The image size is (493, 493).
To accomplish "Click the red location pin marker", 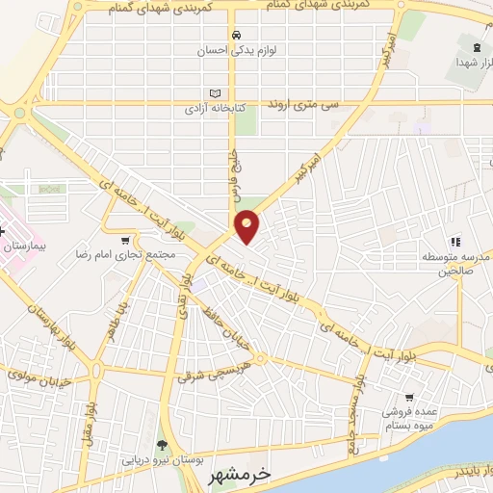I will [247, 226].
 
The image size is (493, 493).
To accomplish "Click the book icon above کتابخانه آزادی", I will [215, 93].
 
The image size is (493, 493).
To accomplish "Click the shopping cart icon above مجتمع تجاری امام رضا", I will [126, 241].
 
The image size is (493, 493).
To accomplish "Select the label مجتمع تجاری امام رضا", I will [126, 257].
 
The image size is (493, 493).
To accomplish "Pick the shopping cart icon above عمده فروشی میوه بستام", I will [409, 397].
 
